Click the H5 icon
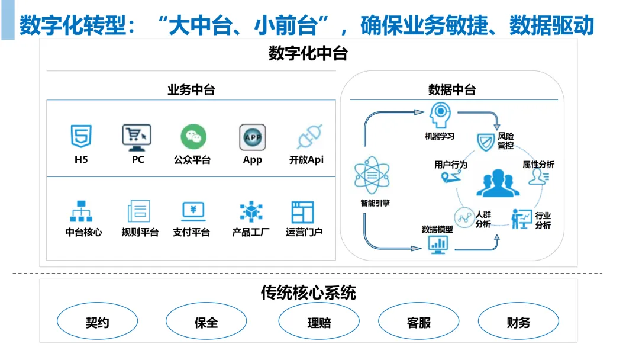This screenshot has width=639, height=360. point(81,137)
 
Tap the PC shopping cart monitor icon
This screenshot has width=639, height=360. point(137,137)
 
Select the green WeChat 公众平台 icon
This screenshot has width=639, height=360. point(193,137)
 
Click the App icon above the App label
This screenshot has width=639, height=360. point(252,137)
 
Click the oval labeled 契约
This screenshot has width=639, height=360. point(97,322)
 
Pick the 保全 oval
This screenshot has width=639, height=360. point(206,322)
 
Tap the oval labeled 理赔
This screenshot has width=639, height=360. point(319,322)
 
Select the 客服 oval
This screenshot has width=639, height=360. point(418,322)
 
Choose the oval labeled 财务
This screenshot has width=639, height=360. point(518,322)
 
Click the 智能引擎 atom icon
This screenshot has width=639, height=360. point(372,176)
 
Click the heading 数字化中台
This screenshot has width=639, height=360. point(308,53)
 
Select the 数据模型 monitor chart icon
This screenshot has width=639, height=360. point(438,243)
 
